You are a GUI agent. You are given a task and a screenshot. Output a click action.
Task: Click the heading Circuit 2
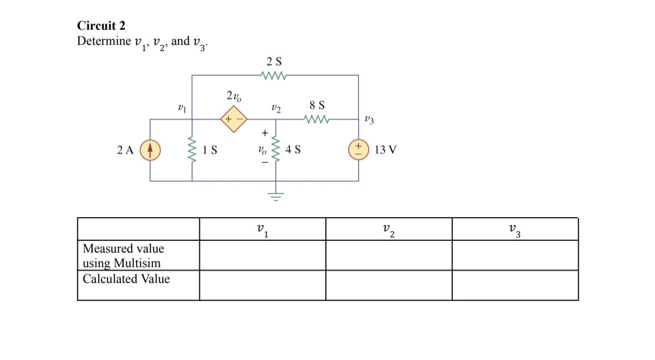(101, 26)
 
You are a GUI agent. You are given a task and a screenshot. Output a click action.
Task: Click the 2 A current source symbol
(150, 150)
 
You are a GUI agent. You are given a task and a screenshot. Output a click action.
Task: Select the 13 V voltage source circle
(358, 150)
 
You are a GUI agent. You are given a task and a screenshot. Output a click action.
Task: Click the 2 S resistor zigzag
(274, 75)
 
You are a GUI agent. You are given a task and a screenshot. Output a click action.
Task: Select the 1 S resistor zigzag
(193, 150)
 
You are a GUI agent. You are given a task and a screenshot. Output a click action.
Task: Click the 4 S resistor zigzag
(275, 150)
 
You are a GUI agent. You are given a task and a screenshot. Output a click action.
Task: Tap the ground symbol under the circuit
(275, 195)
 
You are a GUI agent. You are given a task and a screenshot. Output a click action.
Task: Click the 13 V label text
(385, 150)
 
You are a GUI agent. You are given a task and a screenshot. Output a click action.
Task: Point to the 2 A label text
(125, 150)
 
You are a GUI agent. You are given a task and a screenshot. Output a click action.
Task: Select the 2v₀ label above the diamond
(234, 96)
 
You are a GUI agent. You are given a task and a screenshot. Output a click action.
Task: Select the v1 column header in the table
(262, 230)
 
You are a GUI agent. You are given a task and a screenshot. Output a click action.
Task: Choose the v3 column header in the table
(514, 230)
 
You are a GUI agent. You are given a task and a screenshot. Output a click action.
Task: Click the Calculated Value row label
(126, 279)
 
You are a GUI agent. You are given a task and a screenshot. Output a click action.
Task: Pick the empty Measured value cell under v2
(389, 255)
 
